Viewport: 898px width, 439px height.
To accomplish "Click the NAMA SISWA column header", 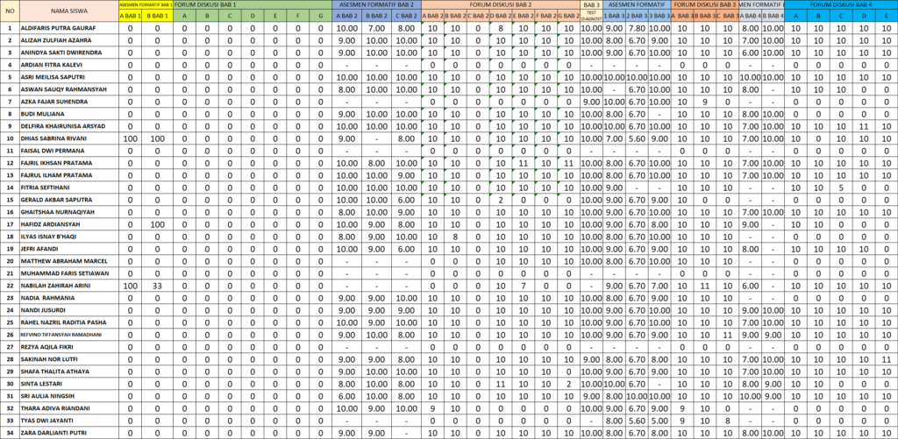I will tap(68, 11).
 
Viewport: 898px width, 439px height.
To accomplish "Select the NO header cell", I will tap(10, 11).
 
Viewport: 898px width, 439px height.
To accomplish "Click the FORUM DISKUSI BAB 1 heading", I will tap(205, 4).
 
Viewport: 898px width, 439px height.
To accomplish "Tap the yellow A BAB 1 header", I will tap(130, 16).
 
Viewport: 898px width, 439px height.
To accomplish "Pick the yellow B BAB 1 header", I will tap(158, 16).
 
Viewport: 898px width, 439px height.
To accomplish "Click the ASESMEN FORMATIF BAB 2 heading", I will tap(376, 4).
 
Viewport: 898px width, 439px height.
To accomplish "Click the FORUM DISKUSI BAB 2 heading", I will tap(501, 4).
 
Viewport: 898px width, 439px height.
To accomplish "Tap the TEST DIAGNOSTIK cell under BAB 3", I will tap(591, 16).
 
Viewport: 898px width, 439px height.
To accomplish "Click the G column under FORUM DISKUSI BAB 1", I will tap(320, 16).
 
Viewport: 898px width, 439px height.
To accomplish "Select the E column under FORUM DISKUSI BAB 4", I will tap(887, 16).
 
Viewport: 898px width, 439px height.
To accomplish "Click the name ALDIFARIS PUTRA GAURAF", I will tap(58, 28).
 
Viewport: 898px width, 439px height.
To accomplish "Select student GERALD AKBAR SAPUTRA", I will tap(55, 200).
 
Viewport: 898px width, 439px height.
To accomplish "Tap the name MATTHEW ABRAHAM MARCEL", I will tap(63, 261).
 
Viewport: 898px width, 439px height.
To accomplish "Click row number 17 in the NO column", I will tap(10, 224).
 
